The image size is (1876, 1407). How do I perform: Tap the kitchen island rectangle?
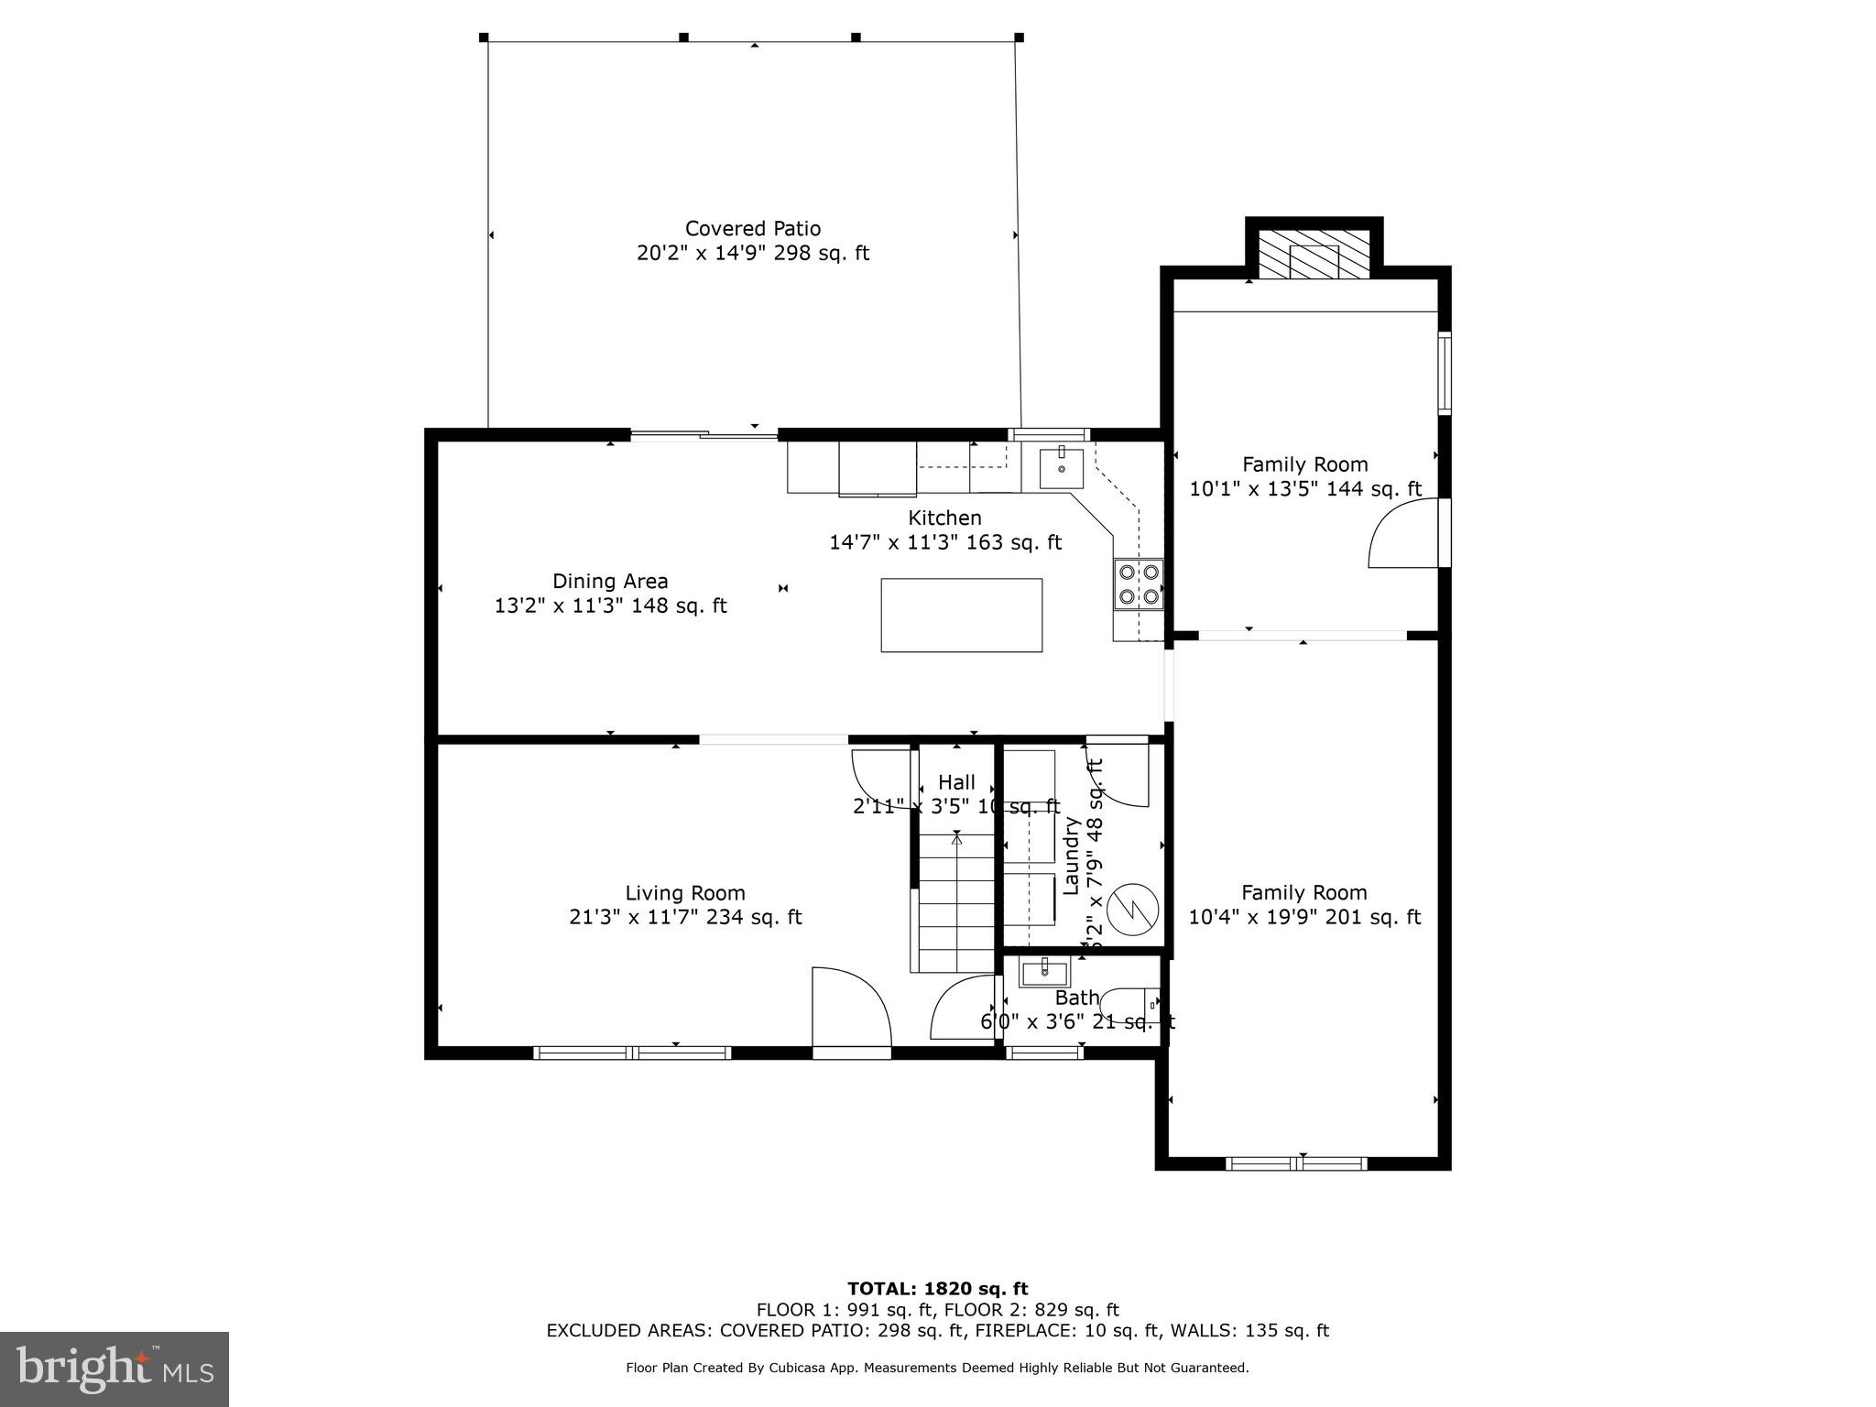pos(961,615)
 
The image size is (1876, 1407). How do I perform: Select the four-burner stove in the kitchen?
pos(1138,584)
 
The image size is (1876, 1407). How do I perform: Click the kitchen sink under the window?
pos(1062,468)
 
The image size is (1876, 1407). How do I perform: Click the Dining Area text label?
pos(610,581)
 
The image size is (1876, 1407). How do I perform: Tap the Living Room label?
pos(685,892)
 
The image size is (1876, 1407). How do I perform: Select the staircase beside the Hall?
pos(956,902)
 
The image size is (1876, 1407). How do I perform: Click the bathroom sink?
pos(1044,971)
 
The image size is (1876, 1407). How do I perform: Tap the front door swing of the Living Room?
pos(851,1008)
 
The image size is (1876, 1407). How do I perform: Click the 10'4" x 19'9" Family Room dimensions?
pos(1303,917)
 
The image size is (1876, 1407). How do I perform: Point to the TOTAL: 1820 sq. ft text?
pos(937,1289)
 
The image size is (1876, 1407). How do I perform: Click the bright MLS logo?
pos(115,1369)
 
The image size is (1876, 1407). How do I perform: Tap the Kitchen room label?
pos(944,518)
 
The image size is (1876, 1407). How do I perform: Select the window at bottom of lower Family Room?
pos(1296,1163)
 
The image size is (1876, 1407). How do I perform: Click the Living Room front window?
pos(632,1053)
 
